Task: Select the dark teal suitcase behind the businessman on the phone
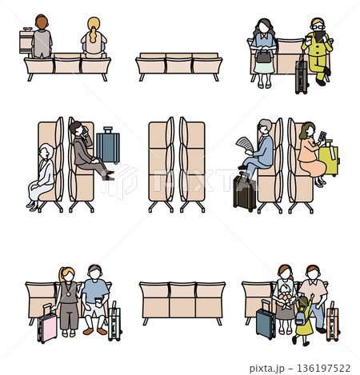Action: [108, 145]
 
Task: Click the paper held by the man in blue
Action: [246, 145]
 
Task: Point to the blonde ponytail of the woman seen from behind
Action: [93, 30]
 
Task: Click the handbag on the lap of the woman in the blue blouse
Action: [264, 55]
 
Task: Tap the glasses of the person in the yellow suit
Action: [318, 27]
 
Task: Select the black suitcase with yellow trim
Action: [245, 193]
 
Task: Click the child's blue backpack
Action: [301, 317]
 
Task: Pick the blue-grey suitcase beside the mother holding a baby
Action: [266, 321]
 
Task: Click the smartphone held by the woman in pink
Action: [322, 136]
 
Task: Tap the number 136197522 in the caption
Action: [324, 369]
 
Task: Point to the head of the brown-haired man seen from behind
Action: [42, 22]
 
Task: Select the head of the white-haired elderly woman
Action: [46, 151]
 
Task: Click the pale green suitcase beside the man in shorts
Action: [114, 322]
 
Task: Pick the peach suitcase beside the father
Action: [333, 322]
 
